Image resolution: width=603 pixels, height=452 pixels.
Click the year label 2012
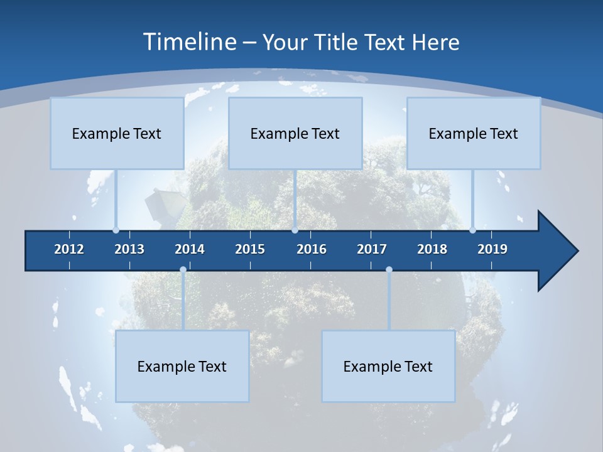(x=69, y=249)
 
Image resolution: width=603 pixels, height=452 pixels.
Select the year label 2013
(x=129, y=249)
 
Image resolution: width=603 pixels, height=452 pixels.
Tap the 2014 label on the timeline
(x=190, y=249)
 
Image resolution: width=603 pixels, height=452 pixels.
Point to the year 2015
(x=250, y=249)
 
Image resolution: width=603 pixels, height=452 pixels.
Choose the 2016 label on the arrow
(x=312, y=249)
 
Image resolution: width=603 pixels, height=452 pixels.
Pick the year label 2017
(x=372, y=249)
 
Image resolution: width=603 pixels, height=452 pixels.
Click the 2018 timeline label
(x=432, y=249)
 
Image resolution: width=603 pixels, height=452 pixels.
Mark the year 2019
(x=492, y=249)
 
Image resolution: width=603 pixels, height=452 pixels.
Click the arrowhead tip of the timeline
(x=577, y=251)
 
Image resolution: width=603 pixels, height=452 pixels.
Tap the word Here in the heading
(x=435, y=42)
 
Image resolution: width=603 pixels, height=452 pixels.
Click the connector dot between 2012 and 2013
(x=116, y=230)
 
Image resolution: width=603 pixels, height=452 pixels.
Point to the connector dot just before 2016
(x=295, y=230)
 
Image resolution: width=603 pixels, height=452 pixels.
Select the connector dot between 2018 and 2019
(x=473, y=230)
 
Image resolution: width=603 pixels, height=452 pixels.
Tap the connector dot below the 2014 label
(x=183, y=270)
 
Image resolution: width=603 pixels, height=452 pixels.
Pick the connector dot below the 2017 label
(x=389, y=270)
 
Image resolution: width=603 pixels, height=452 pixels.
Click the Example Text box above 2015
(x=295, y=133)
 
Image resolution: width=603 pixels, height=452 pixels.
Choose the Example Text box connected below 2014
(x=182, y=366)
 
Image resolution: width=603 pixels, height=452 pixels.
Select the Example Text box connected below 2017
(x=388, y=366)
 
